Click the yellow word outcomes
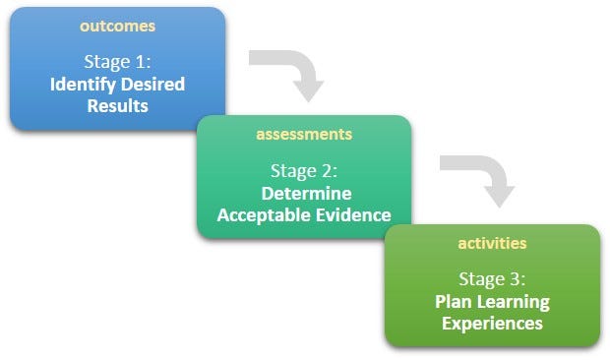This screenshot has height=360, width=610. (117, 25)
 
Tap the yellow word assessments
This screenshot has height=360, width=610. (304, 134)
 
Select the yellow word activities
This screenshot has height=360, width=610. (492, 242)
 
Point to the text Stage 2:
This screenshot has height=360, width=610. (305, 172)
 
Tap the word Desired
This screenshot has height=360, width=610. (152, 85)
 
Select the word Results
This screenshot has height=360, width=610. (117, 105)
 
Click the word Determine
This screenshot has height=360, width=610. (305, 194)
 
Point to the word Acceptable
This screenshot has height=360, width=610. (261, 214)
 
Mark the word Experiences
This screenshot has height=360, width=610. (492, 323)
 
